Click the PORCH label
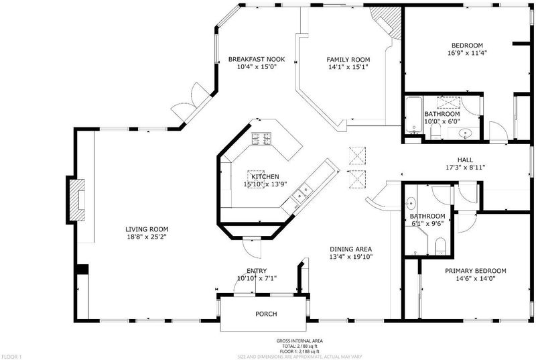[x=266, y=314]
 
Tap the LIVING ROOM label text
[x=147, y=229]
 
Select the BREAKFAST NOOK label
[x=257, y=59]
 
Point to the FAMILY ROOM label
[x=348, y=60]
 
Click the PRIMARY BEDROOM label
[x=476, y=271]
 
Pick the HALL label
[x=465, y=160]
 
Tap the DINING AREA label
[x=350, y=249]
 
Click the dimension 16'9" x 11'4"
[x=467, y=53]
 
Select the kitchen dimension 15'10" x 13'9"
[x=265, y=184]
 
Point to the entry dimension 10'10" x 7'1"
[x=257, y=278]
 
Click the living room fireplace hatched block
[x=77, y=200]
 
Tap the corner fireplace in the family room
[x=387, y=21]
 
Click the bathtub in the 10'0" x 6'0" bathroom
[x=414, y=115]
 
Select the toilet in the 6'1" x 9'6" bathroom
[x=440, y=247]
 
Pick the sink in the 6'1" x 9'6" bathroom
[x=410, y=203]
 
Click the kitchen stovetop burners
[x=262, y=139]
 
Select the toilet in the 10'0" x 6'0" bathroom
[x=435, y=131]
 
